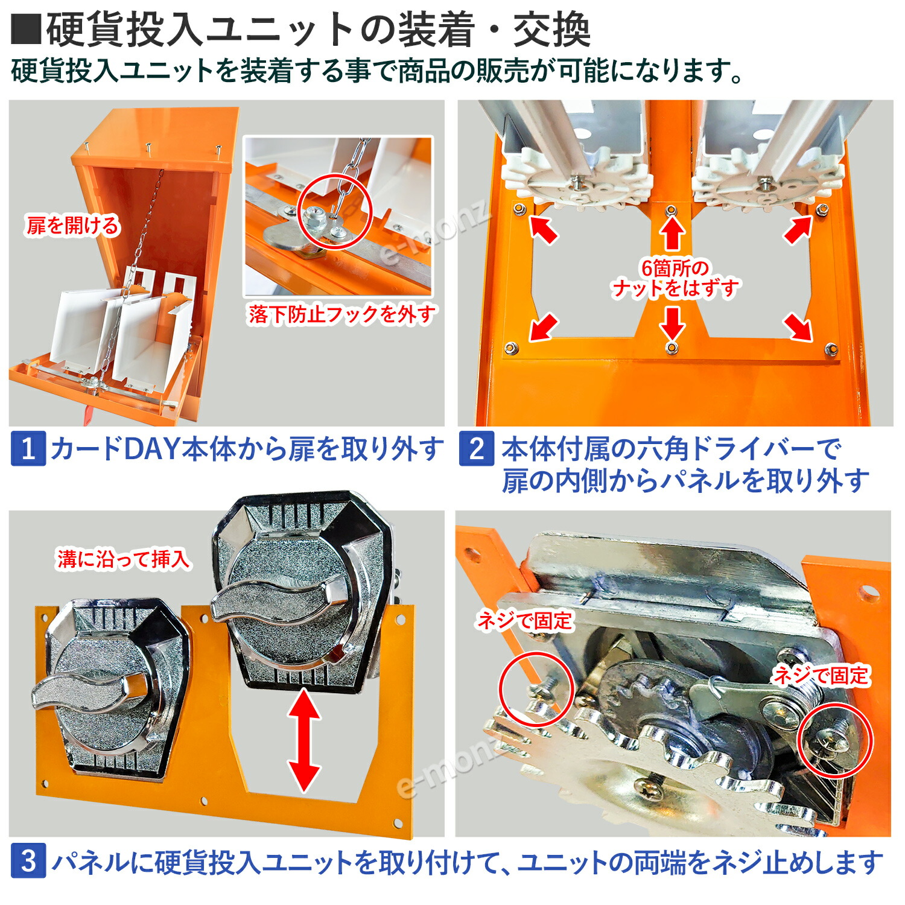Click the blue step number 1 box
pyautogui.click(x=28, y=449)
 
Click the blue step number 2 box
pyautogui.click(x=476, y=449)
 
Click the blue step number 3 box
pyautogui.click(x=28, y=862)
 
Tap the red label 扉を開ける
pyautogui.click(x=72, y=226)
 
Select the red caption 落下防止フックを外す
pyautogui.click(x=341, y=314)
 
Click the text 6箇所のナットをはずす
pyautogui.click(x=675, y=279)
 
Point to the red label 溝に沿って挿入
pyautogui.click(x=123, y=559)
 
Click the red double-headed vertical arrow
pyautogui.click(x=304, y=740)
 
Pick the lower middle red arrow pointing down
pyautogui.click(x=672, y=323)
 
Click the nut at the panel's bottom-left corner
pyautogui.click(x=511, y=348)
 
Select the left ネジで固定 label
pyautogui.click(x=524, y=620)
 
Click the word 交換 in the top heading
pyautogui.click(x=551, y=30)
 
